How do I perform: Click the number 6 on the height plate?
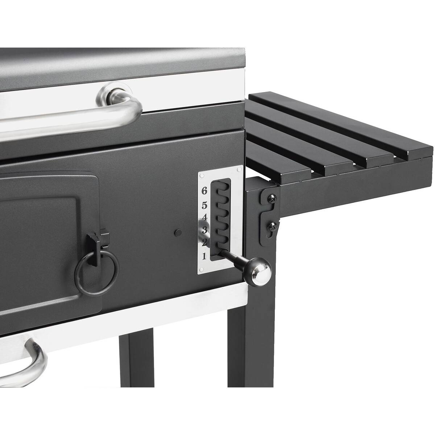(x=204, y=190)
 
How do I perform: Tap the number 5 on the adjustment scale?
(x=204, y=206)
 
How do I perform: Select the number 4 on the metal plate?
(x=204, y=218)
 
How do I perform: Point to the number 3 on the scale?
(x=204, y=230)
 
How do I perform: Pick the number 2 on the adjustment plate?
(x=204, y=242)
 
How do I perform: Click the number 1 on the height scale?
(x=204, y=256)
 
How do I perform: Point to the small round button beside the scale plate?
(x=178, y=233)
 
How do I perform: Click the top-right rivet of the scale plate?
(x=238, y=170)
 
